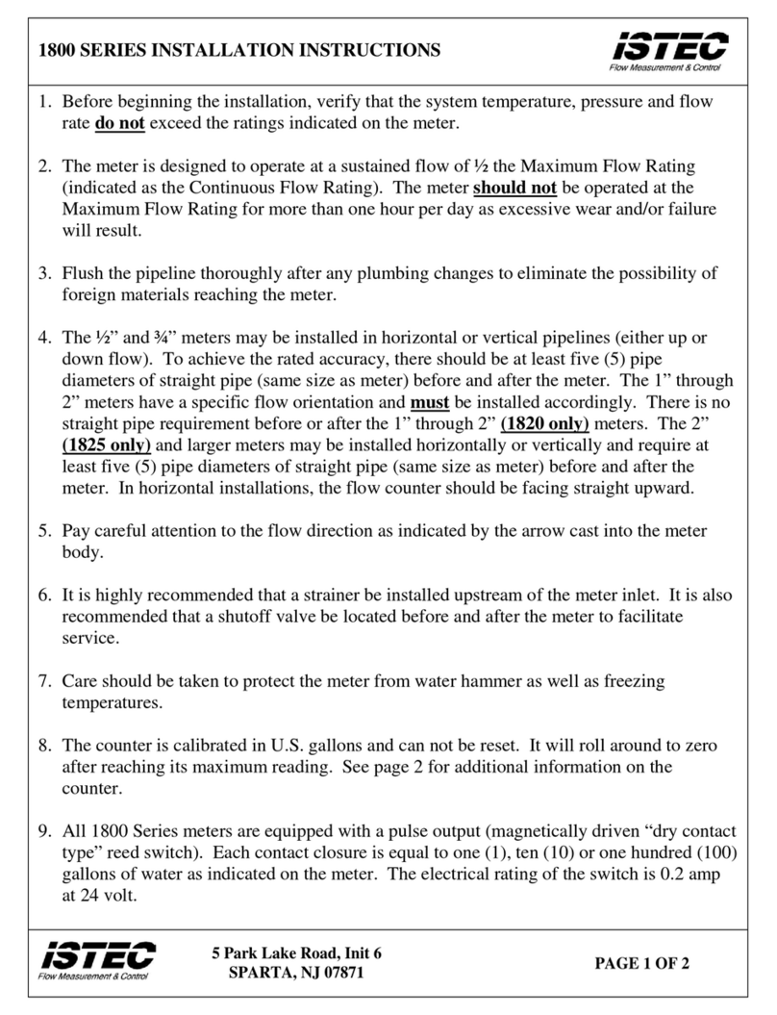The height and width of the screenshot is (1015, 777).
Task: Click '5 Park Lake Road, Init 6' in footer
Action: pos(297,952)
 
